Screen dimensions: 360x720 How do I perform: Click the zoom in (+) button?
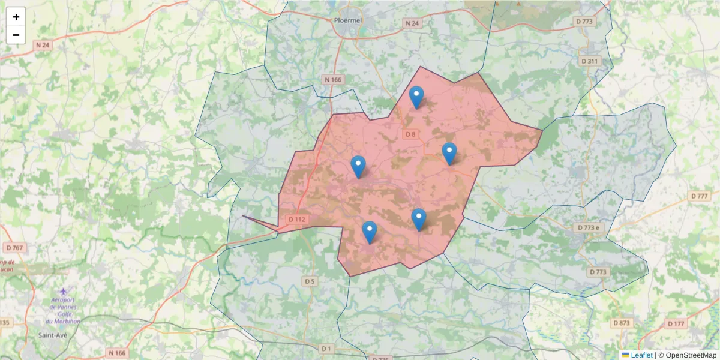[16, 17]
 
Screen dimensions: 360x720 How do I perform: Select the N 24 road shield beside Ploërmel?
[412, 23]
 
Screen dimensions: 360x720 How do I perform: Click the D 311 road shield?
[590, 61]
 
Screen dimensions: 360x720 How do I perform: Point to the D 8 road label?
[410, 134]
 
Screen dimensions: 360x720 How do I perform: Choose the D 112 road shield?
[297, 220]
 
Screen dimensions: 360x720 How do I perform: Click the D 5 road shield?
[310, 281]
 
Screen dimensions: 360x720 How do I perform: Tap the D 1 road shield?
[326, 348]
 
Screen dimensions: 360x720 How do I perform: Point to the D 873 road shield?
[622, 323]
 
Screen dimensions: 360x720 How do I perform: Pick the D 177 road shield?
[676, 324]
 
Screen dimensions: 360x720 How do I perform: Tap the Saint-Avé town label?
[52, 335]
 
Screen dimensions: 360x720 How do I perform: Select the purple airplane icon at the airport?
[64, 292]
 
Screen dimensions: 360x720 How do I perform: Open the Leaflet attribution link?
[641, 355]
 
